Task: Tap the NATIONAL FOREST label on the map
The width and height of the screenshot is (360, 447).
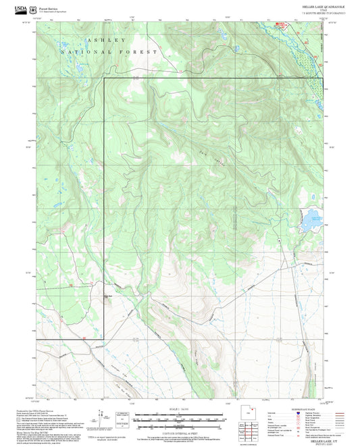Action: (109, 52)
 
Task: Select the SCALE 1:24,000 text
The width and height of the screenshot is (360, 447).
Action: (179, 409)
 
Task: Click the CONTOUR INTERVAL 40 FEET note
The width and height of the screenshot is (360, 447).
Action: (179, 429)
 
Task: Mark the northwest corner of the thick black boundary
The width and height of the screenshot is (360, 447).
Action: (104, 79)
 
